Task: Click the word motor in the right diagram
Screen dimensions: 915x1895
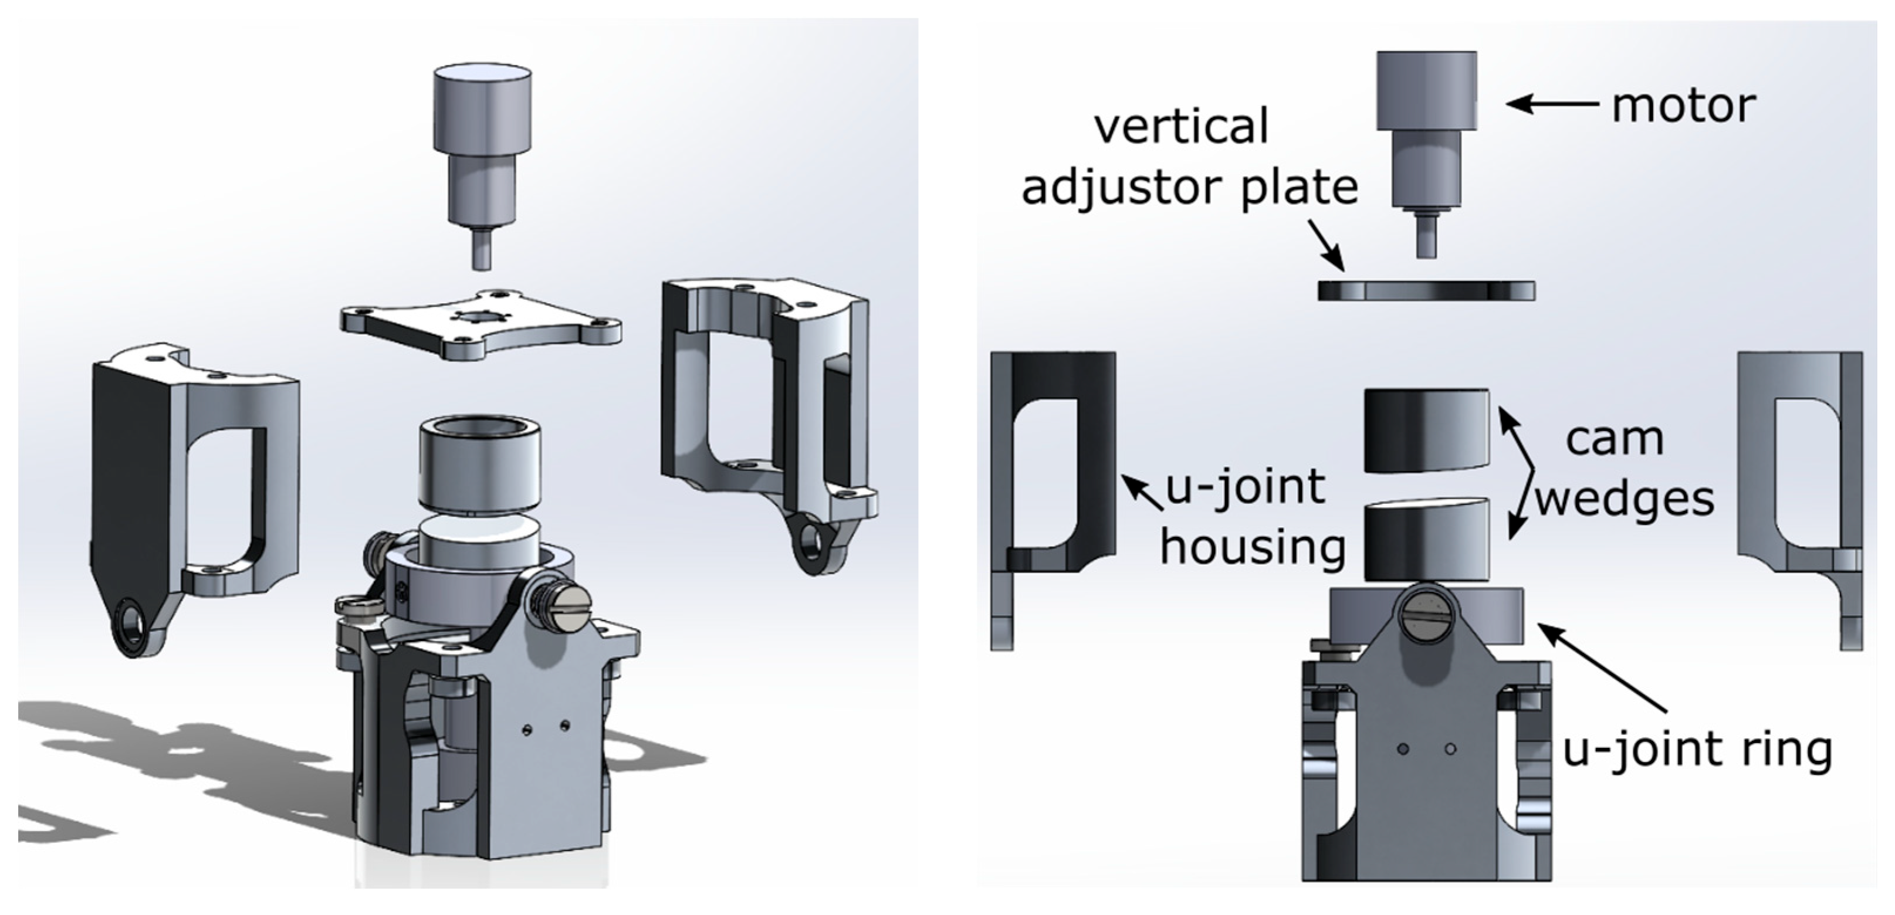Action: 1683,106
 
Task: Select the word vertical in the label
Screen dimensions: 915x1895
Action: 1182,127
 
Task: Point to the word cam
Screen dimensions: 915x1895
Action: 1614,440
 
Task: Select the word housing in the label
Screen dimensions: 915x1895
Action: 1253,548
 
